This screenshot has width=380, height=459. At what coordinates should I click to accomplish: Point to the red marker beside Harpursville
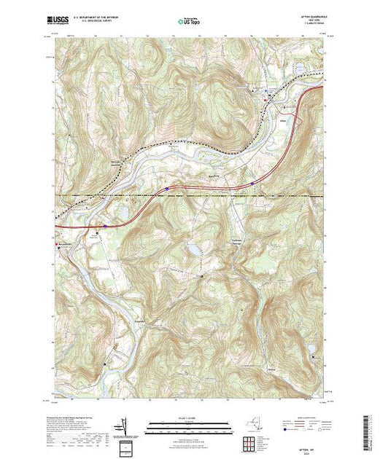click(x=53, y=244)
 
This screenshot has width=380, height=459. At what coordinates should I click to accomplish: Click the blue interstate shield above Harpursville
click(x=104, y=227)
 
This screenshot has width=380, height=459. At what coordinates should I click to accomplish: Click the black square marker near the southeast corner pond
click(x=313, y=356)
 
